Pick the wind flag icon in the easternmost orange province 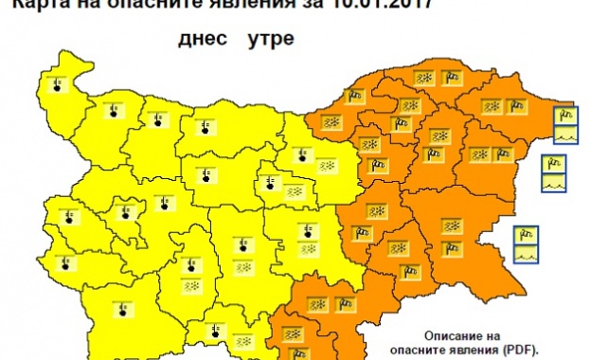(501, 153)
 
